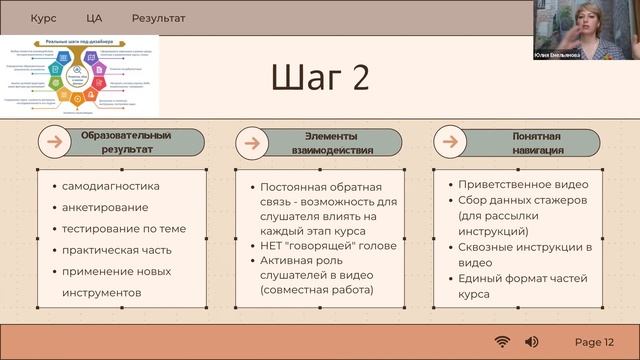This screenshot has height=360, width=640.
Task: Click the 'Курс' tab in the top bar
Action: point(43,18)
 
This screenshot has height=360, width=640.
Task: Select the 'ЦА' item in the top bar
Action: point(94,18)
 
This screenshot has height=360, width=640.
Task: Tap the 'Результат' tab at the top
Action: point(158,18)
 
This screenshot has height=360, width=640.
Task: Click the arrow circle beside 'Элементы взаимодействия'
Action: point(253,143)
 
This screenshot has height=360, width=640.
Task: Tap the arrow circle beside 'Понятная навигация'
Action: point(450,143)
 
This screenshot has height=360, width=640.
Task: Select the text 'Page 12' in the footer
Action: point(594,342)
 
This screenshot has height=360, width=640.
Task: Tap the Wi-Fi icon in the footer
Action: point(502,342)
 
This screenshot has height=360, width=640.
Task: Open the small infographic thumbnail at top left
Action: point(79,75)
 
